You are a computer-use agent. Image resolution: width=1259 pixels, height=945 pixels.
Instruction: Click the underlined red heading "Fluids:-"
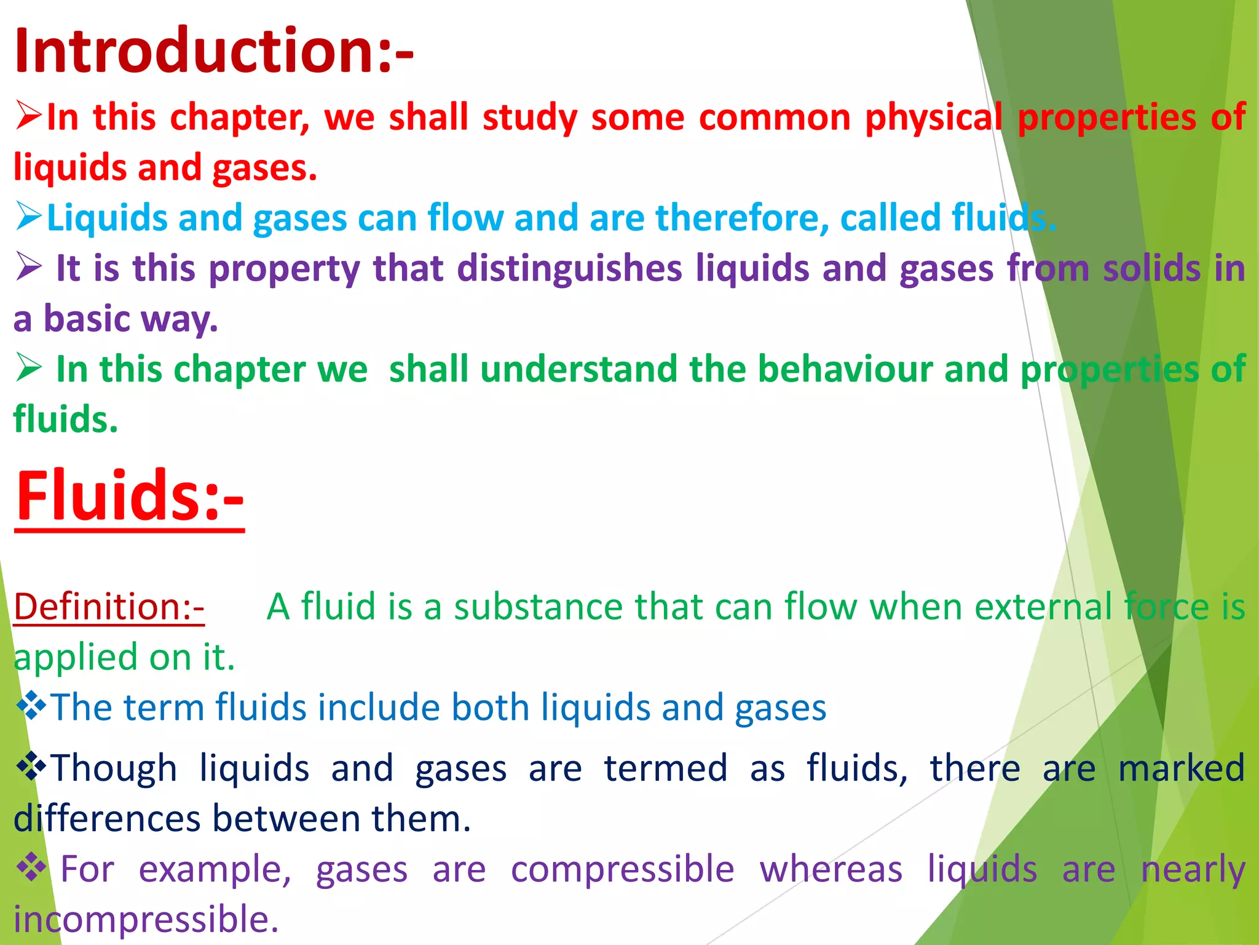click(130, 496)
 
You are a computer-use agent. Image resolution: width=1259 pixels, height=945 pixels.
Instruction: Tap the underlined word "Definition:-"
click(109, 607)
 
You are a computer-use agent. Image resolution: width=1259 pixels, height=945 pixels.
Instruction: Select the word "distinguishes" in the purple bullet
click(569, 269)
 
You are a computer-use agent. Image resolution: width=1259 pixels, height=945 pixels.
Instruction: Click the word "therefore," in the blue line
click(742, 218)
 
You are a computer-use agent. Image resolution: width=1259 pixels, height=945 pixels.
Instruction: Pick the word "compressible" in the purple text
click(622, 869)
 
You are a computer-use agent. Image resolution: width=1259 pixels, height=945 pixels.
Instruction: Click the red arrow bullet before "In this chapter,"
click(29, 116)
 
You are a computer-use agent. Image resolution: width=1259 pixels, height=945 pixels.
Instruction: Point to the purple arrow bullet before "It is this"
click(29, 268)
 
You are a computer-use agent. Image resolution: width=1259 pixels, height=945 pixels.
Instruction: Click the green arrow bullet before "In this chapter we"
click(29, 369)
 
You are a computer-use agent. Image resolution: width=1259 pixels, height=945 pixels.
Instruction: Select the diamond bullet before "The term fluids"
click(31, 706)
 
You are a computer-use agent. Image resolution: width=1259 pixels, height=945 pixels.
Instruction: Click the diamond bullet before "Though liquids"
click(31, 767)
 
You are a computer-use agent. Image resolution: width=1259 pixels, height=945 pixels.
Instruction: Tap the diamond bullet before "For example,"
click(31, 868)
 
